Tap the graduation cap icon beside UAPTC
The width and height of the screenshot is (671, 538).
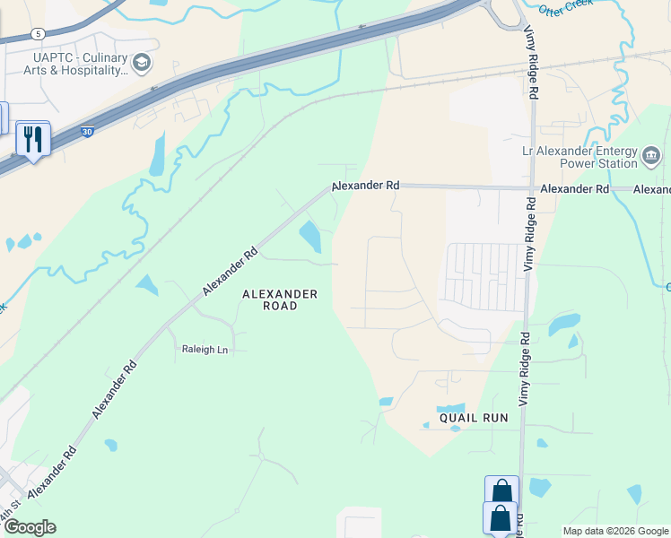(141, 63)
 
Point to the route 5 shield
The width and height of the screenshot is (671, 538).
(37, 34)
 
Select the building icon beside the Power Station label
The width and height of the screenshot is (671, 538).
(652, 158)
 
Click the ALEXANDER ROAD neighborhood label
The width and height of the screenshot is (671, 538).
(281, 299)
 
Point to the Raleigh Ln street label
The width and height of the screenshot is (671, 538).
(205, 350)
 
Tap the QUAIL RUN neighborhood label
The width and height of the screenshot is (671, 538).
(474, 418)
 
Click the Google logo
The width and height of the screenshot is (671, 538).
(30, 527)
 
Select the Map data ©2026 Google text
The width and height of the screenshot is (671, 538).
(614, 531)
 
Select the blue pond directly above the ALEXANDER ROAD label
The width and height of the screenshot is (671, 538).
(310, 237)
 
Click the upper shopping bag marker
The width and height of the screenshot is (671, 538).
(501, 491)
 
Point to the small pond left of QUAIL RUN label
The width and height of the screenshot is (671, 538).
(386, 401)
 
